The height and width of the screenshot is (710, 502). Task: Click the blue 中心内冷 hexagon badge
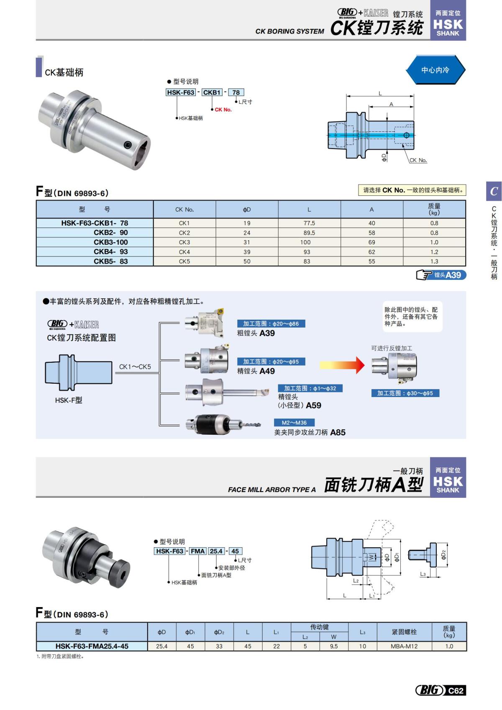click(x=435, y=70)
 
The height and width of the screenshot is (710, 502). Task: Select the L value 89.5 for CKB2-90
click(x=309, y=233)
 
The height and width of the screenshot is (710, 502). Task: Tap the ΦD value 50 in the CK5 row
click(x=247, y=261)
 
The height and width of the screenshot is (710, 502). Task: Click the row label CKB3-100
click(x=110, y=242)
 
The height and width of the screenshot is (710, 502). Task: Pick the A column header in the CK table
click(x=371, y=209)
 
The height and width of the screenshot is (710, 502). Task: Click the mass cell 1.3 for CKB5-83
click(x=434, y=261)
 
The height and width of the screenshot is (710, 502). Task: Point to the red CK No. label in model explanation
click(x=223, y=110)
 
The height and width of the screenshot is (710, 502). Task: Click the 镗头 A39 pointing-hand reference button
click(x=441, y=275)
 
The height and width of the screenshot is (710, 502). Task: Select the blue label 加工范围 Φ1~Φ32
click(x=310, y=388)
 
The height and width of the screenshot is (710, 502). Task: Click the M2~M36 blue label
click(x=294, y=423)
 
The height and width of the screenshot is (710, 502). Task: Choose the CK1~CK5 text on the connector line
click(x=135, y=367)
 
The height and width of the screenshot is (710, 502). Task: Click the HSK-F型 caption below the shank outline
click(x=69, y=400)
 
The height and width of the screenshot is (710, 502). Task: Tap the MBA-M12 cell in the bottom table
click(x=404, y=646)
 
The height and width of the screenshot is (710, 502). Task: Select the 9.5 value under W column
click(x=333, y=646)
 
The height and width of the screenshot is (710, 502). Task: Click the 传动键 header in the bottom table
click(x=319, y=627)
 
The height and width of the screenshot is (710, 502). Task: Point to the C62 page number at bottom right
click(x=456, y=690)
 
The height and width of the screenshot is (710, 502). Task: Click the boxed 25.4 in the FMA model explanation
click(x=216, y=551)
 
